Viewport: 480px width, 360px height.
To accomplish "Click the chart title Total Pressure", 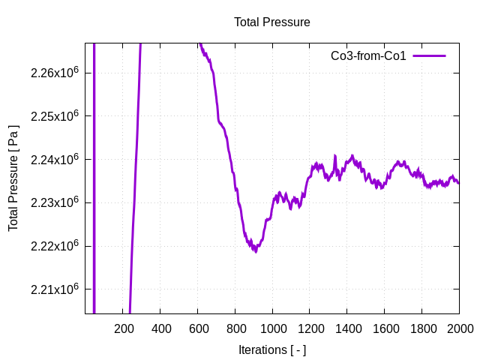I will point(271,22).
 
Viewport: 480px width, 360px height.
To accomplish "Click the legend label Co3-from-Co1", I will point(368,55).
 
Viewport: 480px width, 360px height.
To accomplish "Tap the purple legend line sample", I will point(429,55).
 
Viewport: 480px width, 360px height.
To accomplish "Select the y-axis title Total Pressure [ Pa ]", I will point(13,178).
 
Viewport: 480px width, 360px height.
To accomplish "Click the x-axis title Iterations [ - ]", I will point(271,349).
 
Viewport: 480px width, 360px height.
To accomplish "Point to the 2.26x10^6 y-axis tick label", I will point(55,73).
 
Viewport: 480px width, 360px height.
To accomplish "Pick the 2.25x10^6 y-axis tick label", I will point(55,116).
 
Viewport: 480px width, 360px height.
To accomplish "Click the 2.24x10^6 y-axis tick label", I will point(55,160).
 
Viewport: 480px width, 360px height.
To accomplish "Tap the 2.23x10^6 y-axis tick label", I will point(55,202).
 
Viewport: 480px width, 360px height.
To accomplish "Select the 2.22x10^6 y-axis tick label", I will point(55,246).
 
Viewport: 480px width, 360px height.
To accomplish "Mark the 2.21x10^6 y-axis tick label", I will point(55,289).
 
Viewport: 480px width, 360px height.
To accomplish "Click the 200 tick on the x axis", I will point(123,328).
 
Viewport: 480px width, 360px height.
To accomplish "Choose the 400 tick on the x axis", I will point(160,328).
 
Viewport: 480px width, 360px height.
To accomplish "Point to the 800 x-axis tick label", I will point(235,328).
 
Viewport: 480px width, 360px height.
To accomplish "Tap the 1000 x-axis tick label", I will point(272,328).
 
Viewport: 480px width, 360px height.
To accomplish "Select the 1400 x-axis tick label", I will point(347,328).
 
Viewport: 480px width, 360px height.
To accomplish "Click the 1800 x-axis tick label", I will point(422,328).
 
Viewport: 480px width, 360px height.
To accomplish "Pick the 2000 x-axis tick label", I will point(459,328).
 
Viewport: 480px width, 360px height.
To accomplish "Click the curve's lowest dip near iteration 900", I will point(255,250).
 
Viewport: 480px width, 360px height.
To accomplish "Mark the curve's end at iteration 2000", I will point(459,183).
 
